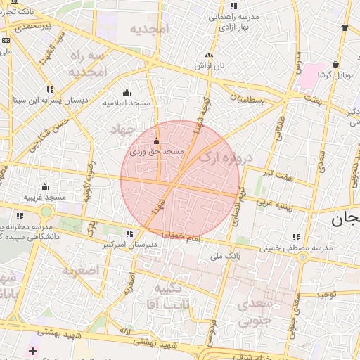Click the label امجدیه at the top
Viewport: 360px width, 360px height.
click(150, 29)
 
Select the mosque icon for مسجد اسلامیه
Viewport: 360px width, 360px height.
click(127, 92)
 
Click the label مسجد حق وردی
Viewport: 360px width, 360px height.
click(157, 151)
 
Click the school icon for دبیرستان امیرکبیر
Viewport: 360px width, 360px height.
click(129, 233)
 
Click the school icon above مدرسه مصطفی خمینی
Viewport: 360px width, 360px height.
click(295, 237)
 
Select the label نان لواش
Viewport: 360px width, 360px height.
click(209, 65)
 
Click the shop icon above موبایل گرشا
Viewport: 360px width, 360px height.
click(335, 64)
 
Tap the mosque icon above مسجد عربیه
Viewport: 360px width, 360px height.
click(44, 186)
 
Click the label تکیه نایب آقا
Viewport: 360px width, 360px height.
click(166, 296)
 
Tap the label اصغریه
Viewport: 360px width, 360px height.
click(78, 269)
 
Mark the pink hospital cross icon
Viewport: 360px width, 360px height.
click(32, 350)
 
